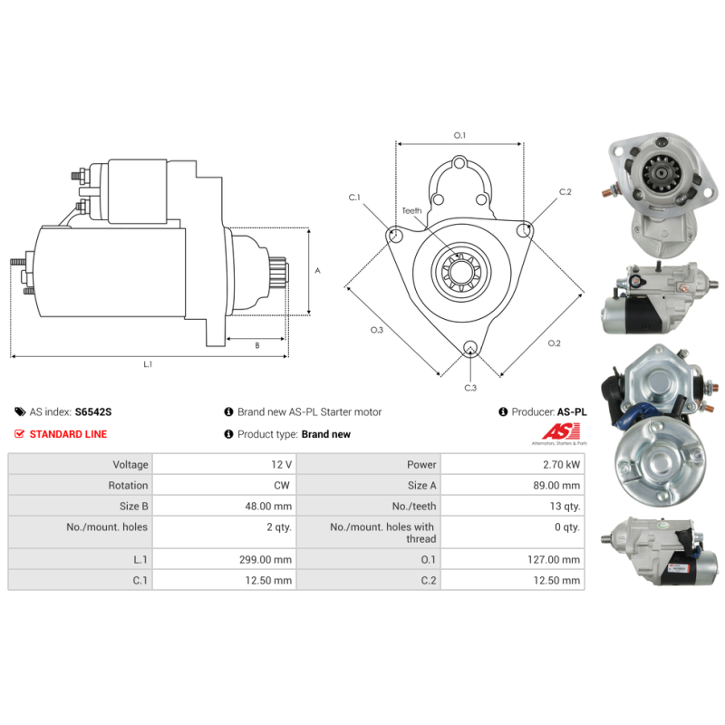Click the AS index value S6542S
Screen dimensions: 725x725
pos(92,411)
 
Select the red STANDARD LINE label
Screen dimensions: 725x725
pos(68,434)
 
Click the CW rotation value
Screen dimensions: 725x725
pos(283,486)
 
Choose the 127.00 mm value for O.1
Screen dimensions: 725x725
pos(556,560)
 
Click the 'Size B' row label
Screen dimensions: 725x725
pos(127,507)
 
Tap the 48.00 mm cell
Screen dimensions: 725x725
pos(271,507)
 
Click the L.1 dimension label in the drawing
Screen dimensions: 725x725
pos(148,364)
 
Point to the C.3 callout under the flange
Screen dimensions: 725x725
pos(470,388)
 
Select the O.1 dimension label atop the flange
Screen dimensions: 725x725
pos(459,135)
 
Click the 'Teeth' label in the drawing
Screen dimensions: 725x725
pos(411,210)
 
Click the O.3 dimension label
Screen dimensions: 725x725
pos(377,330)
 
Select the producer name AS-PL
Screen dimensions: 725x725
pos(571,411)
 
